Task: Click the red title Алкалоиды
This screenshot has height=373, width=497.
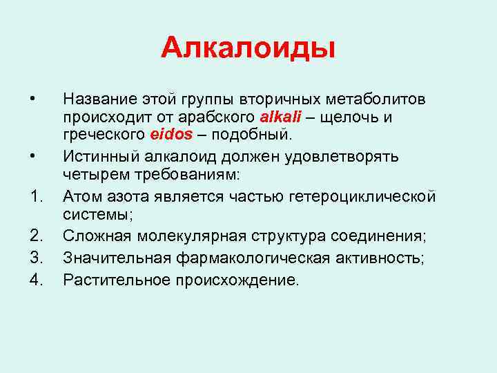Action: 248,49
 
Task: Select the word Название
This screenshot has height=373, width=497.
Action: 99,99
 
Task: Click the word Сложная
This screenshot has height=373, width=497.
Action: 95,236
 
